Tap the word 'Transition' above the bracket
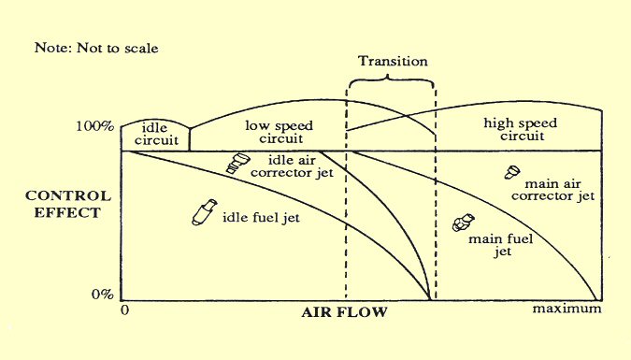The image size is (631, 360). pyautogui.click(x=393, y=62)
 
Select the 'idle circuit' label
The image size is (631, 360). pyautogui.click(x=154, y=134)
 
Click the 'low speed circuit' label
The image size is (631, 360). pyautogui.click(x=279, y=131)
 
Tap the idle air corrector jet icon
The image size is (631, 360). pyautogui.click(x=237, y=164)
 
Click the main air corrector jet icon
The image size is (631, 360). pyautogui.click(x=511, y=173)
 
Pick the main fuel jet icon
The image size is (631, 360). pyautogui.click(x=460, y=223)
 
